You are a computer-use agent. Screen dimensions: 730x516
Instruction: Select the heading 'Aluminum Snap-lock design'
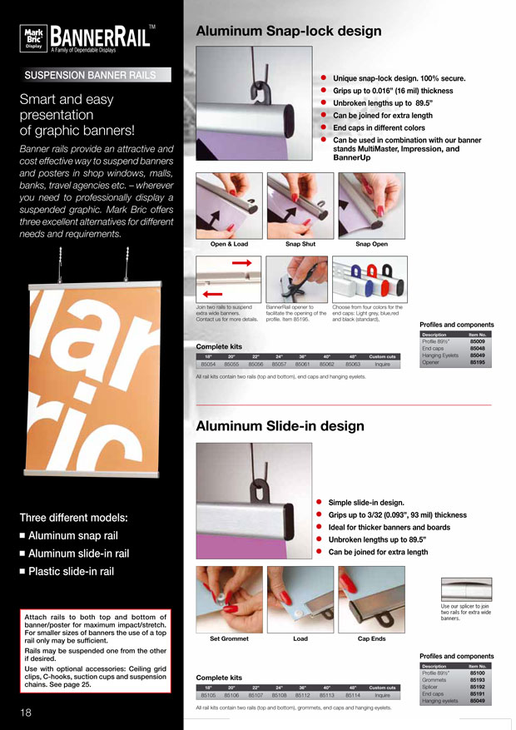[288, 32]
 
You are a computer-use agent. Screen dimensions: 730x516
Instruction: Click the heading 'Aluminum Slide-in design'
[280, 426]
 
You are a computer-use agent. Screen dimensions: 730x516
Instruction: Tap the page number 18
[27, 713]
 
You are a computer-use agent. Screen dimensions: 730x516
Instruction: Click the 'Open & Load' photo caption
[229, 243]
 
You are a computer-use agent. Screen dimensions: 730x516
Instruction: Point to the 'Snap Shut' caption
[300, 243]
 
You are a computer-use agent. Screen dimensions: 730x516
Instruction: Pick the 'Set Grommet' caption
[229, 639]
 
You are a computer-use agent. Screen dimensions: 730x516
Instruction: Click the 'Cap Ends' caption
[371, 639]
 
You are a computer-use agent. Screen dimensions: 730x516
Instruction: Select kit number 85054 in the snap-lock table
[208, 364]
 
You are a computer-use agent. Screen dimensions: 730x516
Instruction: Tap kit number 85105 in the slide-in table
[208, 694]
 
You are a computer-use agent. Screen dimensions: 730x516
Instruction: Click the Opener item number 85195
[477, 363]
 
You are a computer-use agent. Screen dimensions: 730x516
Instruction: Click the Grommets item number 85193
[477, 679]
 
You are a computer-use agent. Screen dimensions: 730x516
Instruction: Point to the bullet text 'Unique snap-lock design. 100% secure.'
[399, 78]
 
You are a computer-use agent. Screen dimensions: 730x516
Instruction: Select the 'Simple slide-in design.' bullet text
[366, 503]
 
